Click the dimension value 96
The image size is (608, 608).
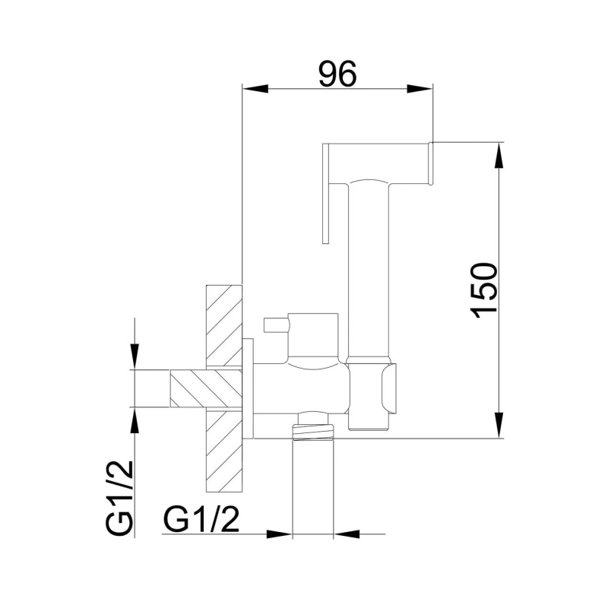[337, 74]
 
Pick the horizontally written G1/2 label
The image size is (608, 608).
[201, 521]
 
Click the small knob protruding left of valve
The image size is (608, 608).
[274, 326]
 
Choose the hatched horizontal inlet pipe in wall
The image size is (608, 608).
[205, 388]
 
